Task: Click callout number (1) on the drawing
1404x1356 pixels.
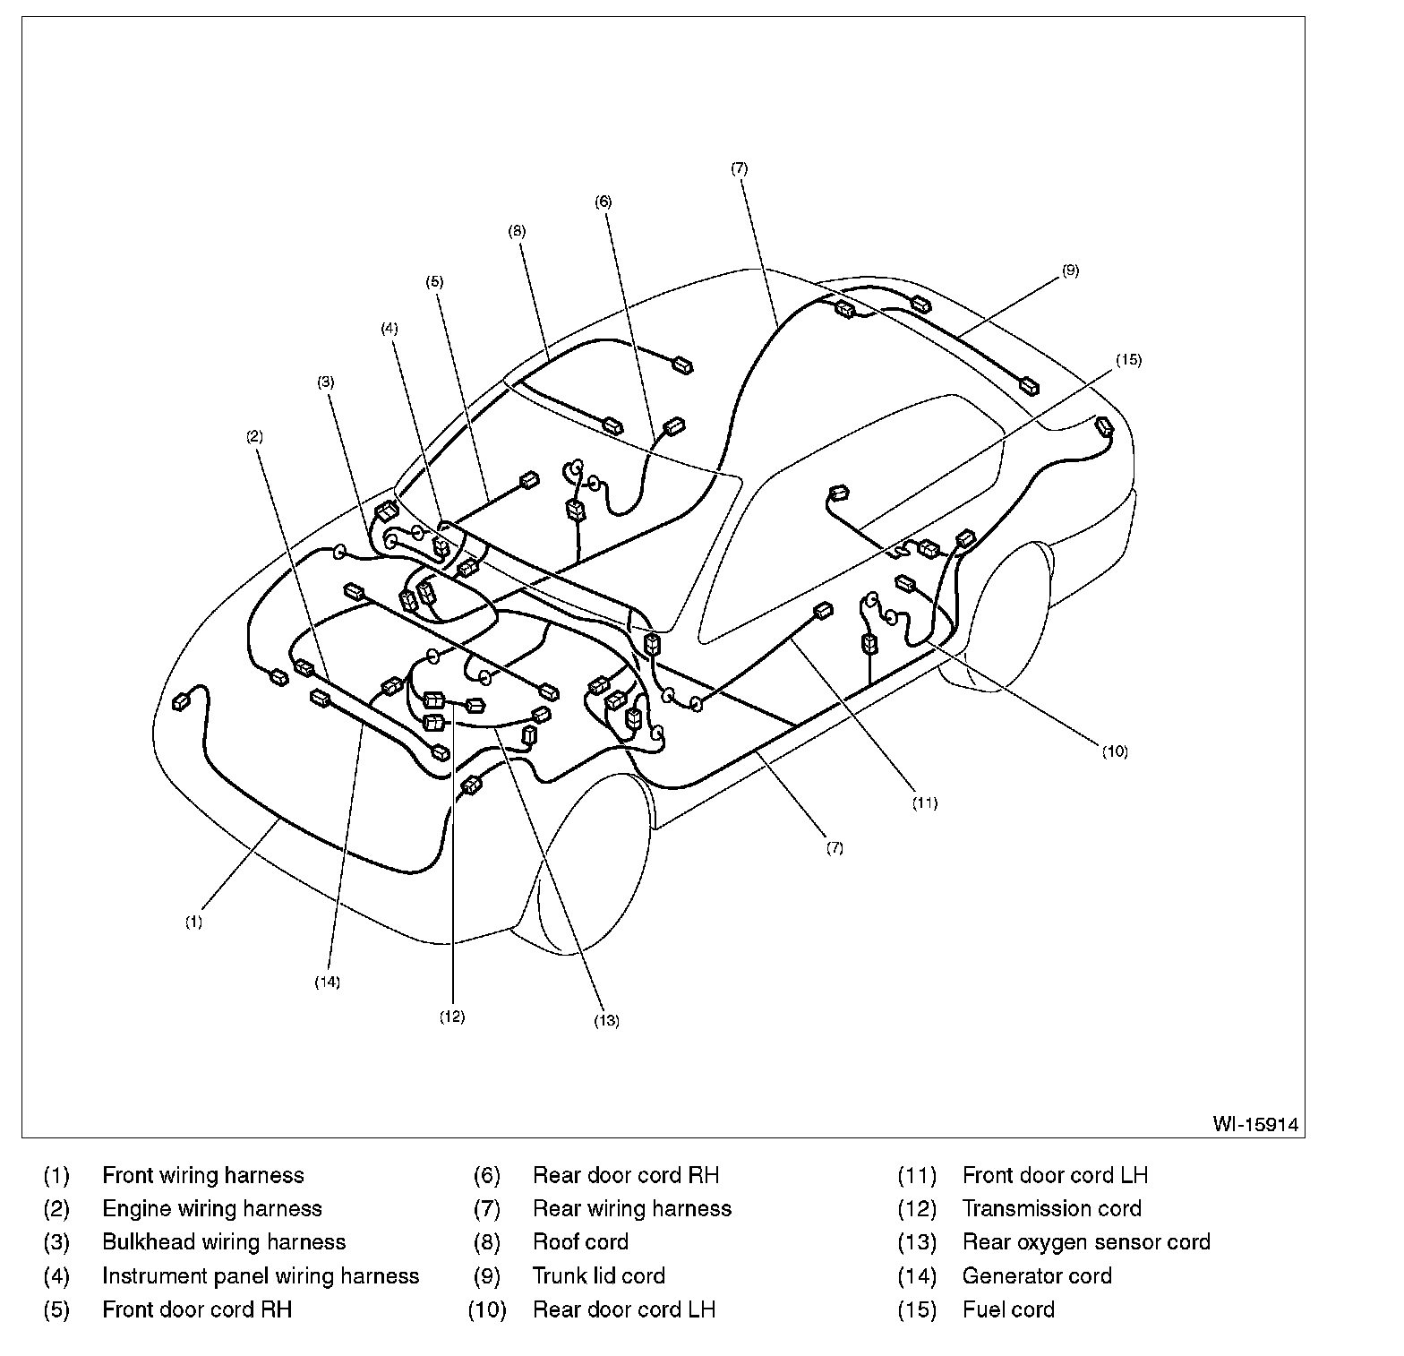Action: tap(193, 922)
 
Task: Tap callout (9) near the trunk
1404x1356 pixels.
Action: tap(1071, 270)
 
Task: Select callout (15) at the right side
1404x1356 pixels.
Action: tap(1128, 360)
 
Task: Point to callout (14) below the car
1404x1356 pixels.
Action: tap(327, 983)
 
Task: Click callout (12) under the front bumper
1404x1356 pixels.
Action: tap(452, 1017)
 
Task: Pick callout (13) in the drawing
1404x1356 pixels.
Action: tap(606, 1020)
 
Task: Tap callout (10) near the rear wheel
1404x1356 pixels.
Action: tap(1115, 751)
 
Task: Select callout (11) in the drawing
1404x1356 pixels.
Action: tap(925, 803)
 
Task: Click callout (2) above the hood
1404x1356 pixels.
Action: tap(255, 437)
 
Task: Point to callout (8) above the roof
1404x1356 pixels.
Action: tap(517, 231)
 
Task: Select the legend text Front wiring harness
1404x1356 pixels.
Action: tap(203, 1175)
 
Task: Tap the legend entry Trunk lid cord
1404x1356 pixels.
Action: tap(598, 1275)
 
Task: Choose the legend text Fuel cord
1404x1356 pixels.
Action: tap(1008, 1309)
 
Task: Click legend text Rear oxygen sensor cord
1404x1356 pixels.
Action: tap(1086, 1242)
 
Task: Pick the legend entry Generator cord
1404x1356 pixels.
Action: tap(1037, 1275)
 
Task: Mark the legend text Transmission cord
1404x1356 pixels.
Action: tap(1052, 1208)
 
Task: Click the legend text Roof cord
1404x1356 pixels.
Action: tap(580, 1242)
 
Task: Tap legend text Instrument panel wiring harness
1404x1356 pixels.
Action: tap(261, 1275)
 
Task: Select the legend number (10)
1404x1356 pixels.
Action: tap(487, 1309)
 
